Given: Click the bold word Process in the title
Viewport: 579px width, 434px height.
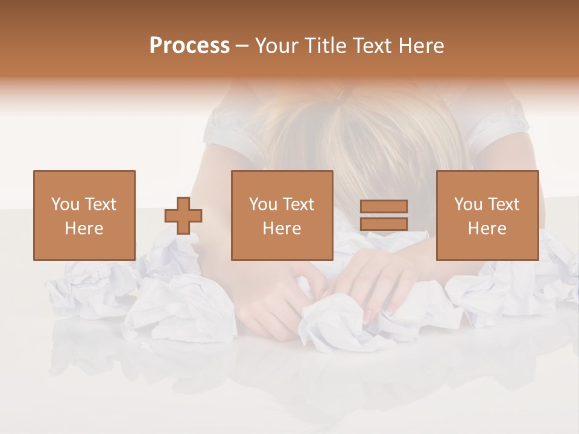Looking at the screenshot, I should point(189,46).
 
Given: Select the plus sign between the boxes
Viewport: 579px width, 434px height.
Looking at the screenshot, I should point(183,216).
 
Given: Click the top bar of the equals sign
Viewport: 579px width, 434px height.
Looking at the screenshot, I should point(384,207).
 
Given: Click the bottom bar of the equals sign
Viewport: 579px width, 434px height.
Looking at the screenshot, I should point(384,224).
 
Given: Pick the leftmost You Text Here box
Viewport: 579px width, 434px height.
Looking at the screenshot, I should point(84,215).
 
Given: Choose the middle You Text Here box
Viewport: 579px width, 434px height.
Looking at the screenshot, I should point(282,215).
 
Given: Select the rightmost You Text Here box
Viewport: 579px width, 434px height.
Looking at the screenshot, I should point(487,215).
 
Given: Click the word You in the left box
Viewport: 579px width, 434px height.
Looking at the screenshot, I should point(65,204).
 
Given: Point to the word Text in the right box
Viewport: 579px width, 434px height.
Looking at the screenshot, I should point(502,204).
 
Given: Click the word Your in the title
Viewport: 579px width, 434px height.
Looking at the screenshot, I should point(276,46).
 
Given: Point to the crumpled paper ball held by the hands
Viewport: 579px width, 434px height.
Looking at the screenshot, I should point(338,322).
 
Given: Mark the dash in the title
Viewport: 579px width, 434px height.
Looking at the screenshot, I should point(242,46).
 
